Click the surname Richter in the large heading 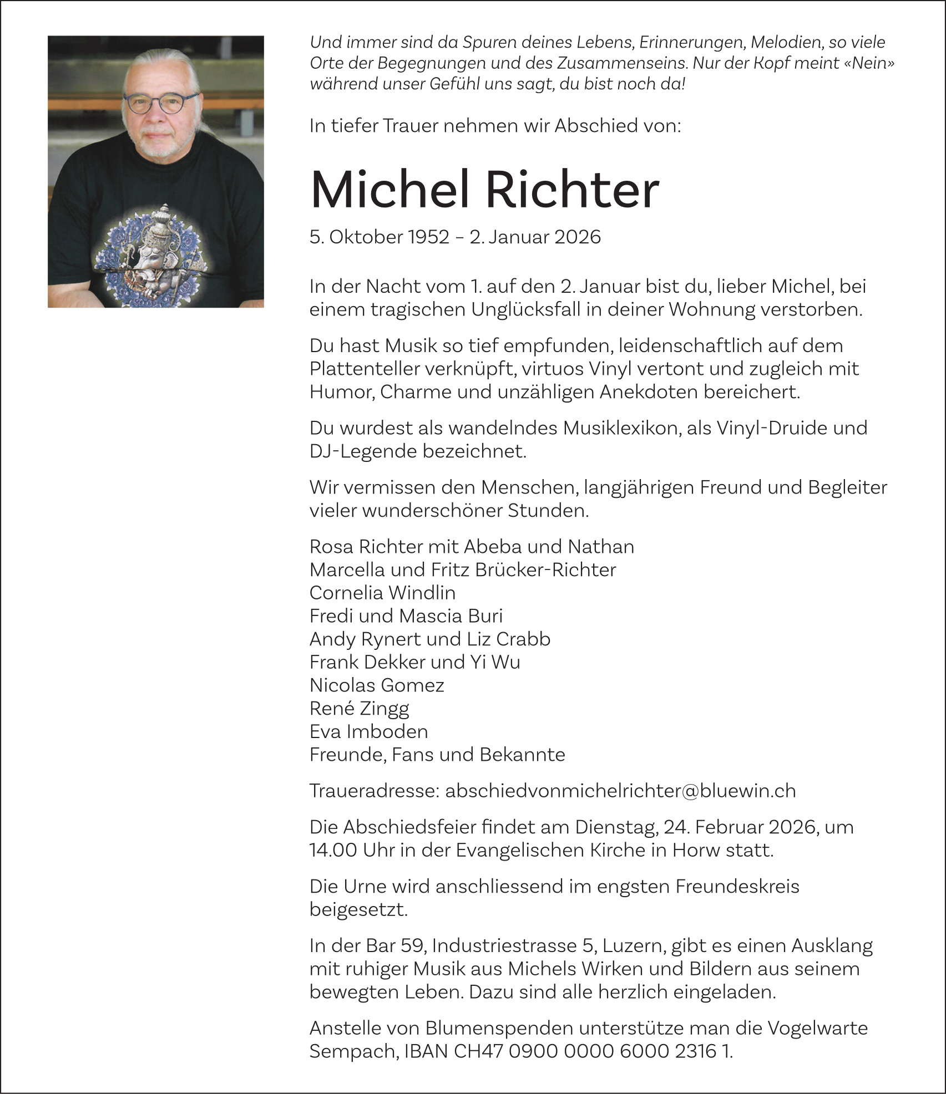coord(573,190)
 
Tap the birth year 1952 coord(428,237)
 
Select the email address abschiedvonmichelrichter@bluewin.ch coord(620,790)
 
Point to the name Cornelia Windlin coord(382,593)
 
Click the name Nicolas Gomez coord(377,685)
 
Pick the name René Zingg coord(359,709)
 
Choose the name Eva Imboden coord(368,732)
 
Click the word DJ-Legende coord(363,451)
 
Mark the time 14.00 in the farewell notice coord(333,850)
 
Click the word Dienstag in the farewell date coord(616,827)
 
